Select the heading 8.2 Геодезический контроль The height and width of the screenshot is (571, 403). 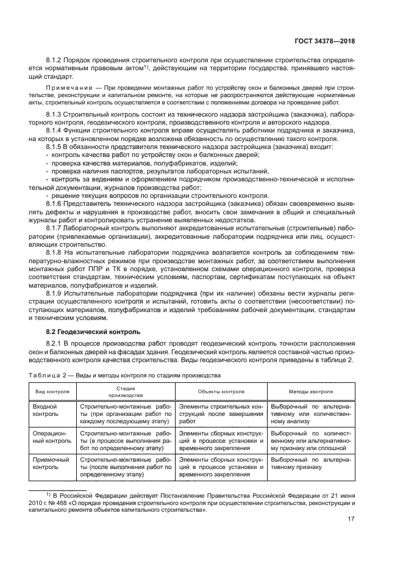[x=93, y=332]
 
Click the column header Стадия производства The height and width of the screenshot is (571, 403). [x=125, y=391]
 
